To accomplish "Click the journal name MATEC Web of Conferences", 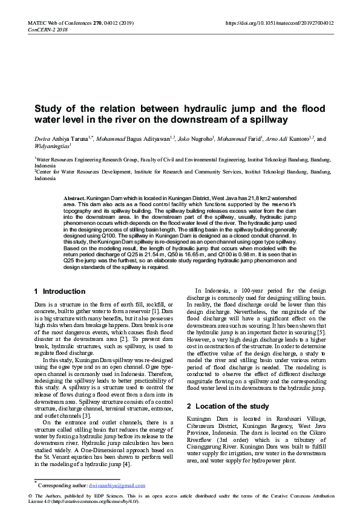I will pyautogui.click(x=57, y=22).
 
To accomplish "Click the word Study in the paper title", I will pyautogui.click(x=48, y=109).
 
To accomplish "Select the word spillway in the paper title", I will pyautogui.click(x=267, y=120).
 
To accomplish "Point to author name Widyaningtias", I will pyautogui.click(x=52, y=146).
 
